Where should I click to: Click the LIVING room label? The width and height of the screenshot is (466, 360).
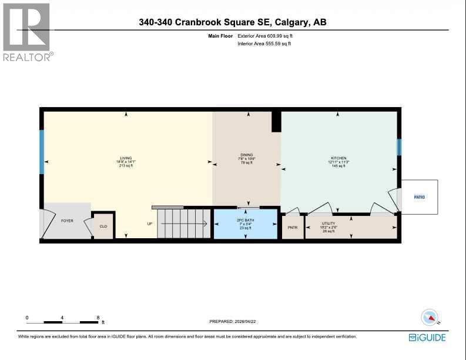click(126, 158)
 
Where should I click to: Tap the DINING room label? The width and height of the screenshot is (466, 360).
click(247, 155)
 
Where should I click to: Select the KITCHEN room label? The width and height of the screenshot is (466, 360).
click(338, 158)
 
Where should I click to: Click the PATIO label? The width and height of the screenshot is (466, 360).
click(419, 197)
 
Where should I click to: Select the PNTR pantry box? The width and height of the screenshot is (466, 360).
click(292, 226)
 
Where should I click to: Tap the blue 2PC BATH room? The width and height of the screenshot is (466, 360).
click(245, 224)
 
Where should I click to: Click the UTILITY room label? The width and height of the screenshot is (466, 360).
click(328, 224)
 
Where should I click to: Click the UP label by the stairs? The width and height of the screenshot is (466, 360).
click(150, 224)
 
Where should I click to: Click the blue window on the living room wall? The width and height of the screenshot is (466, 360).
click(42, 152)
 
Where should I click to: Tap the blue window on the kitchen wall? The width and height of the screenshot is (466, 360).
click(399, 147)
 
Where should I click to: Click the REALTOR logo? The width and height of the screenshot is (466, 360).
click(28, 32)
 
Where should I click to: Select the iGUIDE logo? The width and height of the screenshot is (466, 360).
click(427, 337)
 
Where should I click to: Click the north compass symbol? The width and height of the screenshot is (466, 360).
click(431, 318)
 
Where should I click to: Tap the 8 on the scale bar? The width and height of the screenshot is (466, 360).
click(98, 318)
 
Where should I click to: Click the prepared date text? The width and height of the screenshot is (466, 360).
click(233, 321)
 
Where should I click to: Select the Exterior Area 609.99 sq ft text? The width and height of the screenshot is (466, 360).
click(264, 36)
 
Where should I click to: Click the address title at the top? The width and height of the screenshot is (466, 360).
click(233, 22)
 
